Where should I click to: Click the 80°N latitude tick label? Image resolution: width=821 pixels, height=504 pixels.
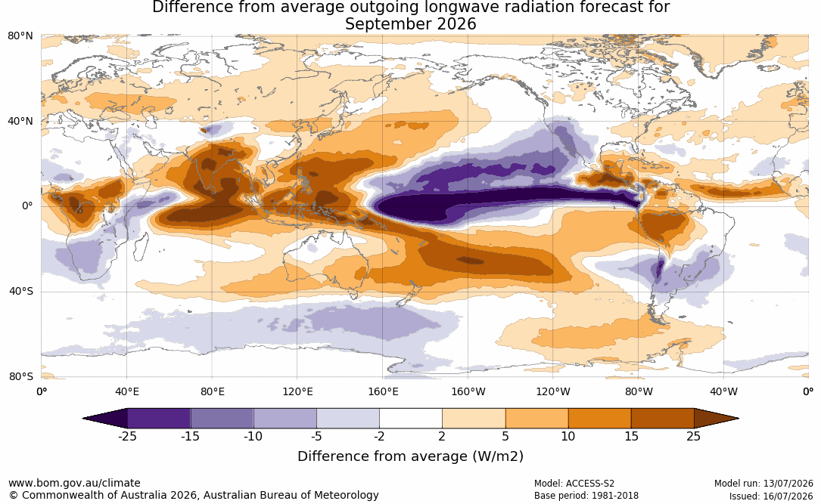click(20, 36)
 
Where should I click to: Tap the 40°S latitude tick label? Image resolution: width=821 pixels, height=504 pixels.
click(21, 291)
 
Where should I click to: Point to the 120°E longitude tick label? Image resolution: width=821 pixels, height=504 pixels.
click(297, 391)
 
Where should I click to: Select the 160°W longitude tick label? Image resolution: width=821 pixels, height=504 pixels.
click(468, 391)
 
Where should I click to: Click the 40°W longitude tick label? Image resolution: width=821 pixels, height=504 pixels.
click(723, 391)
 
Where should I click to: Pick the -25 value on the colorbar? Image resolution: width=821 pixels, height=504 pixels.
click(127, 436)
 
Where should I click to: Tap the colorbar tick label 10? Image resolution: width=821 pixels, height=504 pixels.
click(568, 436)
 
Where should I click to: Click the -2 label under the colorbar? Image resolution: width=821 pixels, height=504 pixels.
click(379, 436)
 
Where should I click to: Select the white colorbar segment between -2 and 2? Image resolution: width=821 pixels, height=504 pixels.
click(411, 419)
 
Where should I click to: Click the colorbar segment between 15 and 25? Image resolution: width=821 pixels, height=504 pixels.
click(662, 419)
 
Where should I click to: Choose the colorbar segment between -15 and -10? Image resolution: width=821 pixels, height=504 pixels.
click(222, 419)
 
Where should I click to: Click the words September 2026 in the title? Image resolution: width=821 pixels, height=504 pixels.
click(410, 24)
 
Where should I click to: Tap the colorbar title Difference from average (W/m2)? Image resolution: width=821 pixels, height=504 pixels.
click(410, 456)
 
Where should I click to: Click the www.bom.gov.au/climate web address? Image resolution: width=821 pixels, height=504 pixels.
click(74, 483)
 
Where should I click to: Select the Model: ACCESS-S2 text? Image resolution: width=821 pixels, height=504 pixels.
click(574, 484)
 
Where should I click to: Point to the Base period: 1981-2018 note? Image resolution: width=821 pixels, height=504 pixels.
click(586, 496)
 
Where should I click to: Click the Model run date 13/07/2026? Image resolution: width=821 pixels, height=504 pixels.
click(789, 484)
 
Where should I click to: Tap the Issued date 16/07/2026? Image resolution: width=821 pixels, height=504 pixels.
click(790, 496)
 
